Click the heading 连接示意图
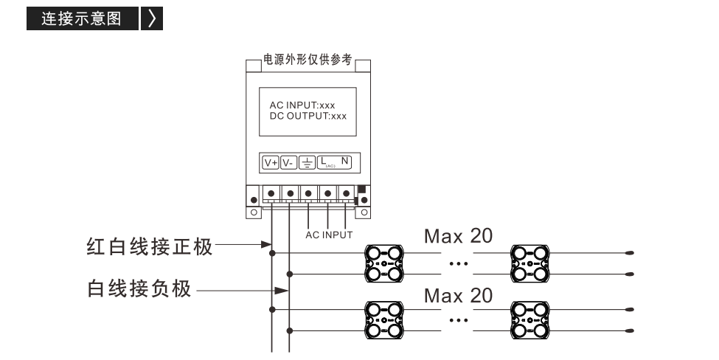(x=82, y=18)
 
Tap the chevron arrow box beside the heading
(x=152, y=18)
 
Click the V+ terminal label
(x=271, y=163)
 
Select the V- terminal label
(x=288, y=163)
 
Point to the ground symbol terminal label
(x=307, y=163)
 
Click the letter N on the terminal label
(x=345, y=161)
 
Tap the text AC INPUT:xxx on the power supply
(x=302, y=105)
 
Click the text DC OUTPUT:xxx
(x=308, y=116)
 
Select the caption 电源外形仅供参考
(x=308, y=60)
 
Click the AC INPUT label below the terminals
(x=329, y=235)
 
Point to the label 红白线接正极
(x=150, y=246)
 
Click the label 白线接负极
(x=139, y=289)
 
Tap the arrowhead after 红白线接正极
(x=266, y=244)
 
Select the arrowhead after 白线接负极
(x=281, y=291)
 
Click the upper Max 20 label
(x=458, y=236)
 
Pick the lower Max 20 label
(x=458, y=296)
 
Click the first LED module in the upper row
(x=384, y=263)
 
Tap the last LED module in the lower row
(x=530, y=320)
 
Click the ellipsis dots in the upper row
(x=459, y=263)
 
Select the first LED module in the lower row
(x=384, y=320)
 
